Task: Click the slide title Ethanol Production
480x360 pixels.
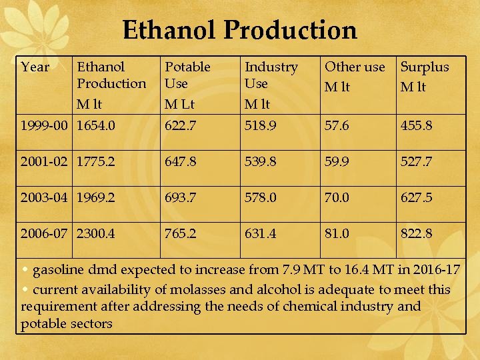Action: click(240, 30)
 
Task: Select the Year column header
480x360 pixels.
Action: click(35, 67)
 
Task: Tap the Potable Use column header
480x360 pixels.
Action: click(187, 75)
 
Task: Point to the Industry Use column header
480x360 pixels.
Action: click(271, 75)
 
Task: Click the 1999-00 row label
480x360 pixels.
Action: click(46, 125)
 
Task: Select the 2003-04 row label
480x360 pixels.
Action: click(46, 197)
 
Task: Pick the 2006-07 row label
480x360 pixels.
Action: click(46, 233)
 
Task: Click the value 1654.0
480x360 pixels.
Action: click(96, 125)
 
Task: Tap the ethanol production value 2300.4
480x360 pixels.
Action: click(96, 233)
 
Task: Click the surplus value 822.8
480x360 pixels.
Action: click(416, 233)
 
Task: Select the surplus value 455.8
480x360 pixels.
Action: click(416, 125)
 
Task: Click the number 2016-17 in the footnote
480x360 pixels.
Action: click(436, 270)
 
